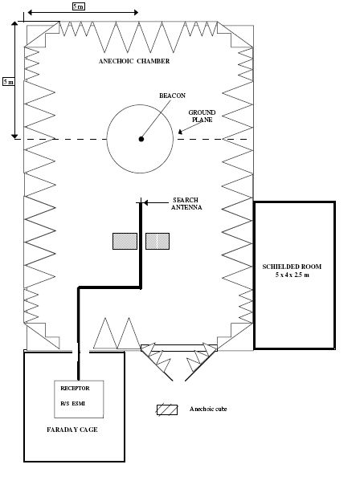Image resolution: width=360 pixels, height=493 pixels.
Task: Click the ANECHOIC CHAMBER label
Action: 134,61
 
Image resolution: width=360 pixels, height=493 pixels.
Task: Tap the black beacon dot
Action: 141,139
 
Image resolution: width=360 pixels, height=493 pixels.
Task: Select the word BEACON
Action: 172,96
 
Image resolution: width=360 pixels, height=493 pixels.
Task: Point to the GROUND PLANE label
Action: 202,116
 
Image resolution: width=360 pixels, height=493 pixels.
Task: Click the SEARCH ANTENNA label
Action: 186,204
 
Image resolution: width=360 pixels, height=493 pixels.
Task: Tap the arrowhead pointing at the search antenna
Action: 145,203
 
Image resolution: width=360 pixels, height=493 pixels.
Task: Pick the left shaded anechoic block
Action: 125,241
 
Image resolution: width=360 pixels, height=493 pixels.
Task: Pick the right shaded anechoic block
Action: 157,241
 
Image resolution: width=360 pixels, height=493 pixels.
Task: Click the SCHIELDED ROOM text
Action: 292,267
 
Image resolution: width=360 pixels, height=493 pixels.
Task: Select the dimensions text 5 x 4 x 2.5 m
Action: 292,275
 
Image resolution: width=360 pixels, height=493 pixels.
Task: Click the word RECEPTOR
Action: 75,389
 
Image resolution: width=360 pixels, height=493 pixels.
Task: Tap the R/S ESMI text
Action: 72,403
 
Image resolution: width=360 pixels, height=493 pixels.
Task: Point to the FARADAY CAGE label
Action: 72,430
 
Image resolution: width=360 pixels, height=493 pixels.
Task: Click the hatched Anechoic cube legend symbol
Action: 167,409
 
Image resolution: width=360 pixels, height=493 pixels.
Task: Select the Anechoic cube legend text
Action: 208,409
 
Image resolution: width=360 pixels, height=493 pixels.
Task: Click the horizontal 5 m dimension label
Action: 79,6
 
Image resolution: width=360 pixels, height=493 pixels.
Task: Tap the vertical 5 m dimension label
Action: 9,82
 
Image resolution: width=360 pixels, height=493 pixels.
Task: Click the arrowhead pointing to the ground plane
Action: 180,132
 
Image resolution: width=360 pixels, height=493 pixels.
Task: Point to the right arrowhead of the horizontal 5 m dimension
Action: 136,12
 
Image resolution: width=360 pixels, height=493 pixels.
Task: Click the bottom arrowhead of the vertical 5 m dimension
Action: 14,136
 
